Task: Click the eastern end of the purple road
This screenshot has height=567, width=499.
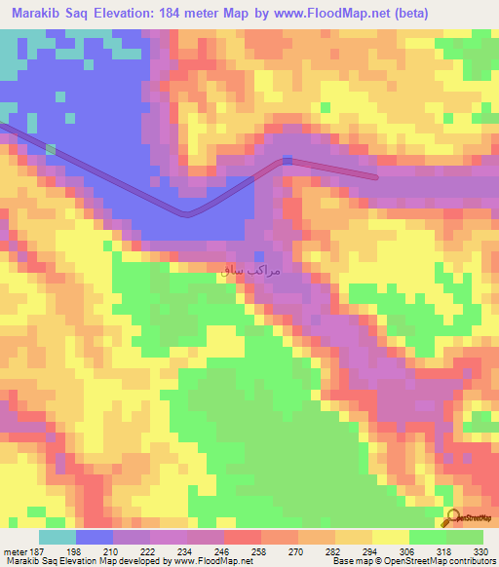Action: pos(376,176)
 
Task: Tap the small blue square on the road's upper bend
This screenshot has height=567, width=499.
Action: pos(287,160)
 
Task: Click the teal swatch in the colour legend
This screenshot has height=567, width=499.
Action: pos(58,537)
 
